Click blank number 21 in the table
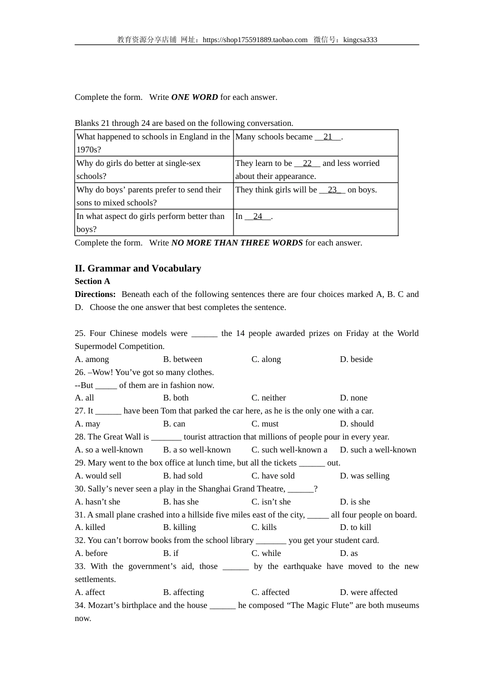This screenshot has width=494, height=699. click(x=328, y=137)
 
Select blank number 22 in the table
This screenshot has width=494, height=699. click(x=307, y=163)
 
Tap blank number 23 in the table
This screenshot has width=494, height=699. click(x=332, y=190)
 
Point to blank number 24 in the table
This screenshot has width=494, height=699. click(x=258, y=216)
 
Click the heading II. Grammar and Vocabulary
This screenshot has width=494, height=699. click(x=138, y=268)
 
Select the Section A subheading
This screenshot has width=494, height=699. click(x=93, y=281)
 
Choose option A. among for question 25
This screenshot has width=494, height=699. click(x=92, y=359)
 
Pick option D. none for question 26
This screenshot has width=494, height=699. click(x=354, y=398)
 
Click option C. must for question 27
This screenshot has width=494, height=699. click(x=265, y=424)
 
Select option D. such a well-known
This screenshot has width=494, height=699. click(x=378, y=450)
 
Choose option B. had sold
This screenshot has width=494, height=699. click(x=183, y=476)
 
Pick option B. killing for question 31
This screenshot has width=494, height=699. click(x=179, y=527)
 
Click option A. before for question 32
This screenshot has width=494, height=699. click(x=92, y=553)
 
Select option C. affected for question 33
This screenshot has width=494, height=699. click(x=270, y=592)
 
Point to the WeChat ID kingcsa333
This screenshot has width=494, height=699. click(x=360, y=40)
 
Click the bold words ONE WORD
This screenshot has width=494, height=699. click(x=194, y=97)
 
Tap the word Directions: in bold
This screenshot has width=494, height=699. click(x=95, y=294)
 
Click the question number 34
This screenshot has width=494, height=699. click(x=80, y=605)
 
